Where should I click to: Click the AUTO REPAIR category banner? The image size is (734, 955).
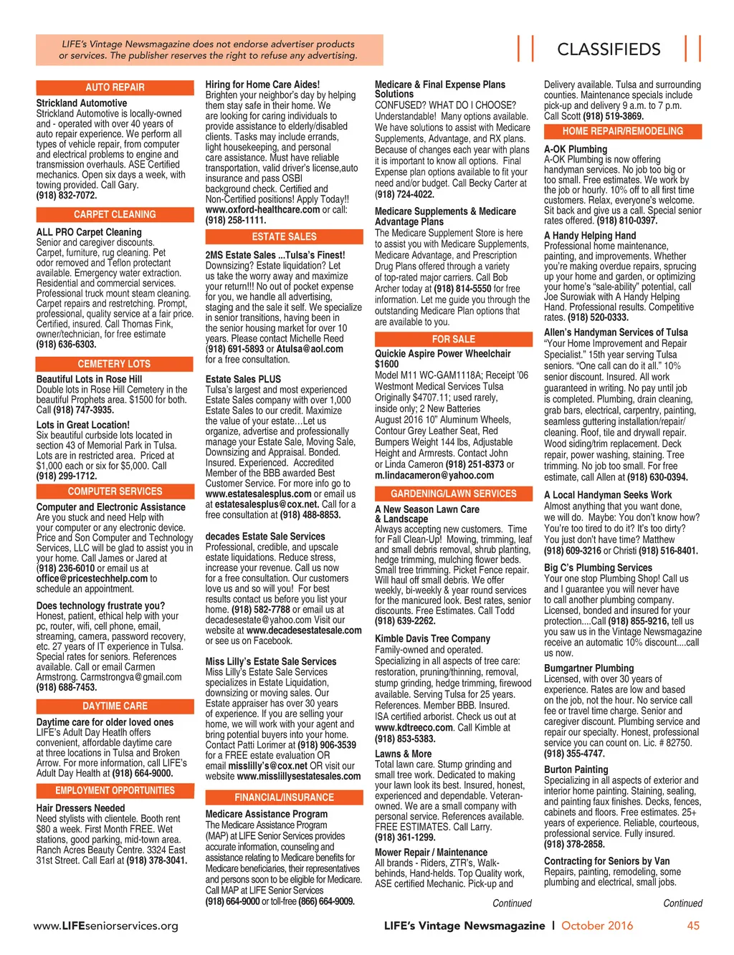(x=115, y=87)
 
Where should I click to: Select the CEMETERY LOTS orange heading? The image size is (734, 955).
(x=115, y=364)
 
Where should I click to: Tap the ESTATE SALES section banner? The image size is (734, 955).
(x=284, y=236)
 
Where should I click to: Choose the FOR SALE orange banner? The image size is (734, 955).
(x=453, y=339)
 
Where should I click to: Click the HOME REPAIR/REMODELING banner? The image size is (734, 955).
(x=622, y=131)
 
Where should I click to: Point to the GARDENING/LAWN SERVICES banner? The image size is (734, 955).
(x=453, y=494)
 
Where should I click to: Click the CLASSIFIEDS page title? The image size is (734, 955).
(x=609, y=49)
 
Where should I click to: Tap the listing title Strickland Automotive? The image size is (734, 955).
(x=82, y=103)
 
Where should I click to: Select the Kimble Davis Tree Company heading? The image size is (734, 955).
(x=432, y=638)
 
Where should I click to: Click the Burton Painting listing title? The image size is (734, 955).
(x=576, y=769)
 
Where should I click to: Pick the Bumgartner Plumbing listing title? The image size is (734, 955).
(x=588, y=668)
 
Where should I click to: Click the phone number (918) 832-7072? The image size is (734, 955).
(x=67, y=195)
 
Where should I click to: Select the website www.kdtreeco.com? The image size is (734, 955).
(x=414, y=727)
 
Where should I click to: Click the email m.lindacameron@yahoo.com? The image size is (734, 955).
(x=434, y=475)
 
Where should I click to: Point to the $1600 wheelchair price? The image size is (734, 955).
(x=387, y=364)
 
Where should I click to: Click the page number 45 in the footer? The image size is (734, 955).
(x=693, y=926)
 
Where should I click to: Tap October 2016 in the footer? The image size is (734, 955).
(x=597, y=926)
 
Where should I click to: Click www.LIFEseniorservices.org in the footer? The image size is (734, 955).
(x=106, y=926)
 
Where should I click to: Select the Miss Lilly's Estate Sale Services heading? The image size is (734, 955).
(x=271, y=661)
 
